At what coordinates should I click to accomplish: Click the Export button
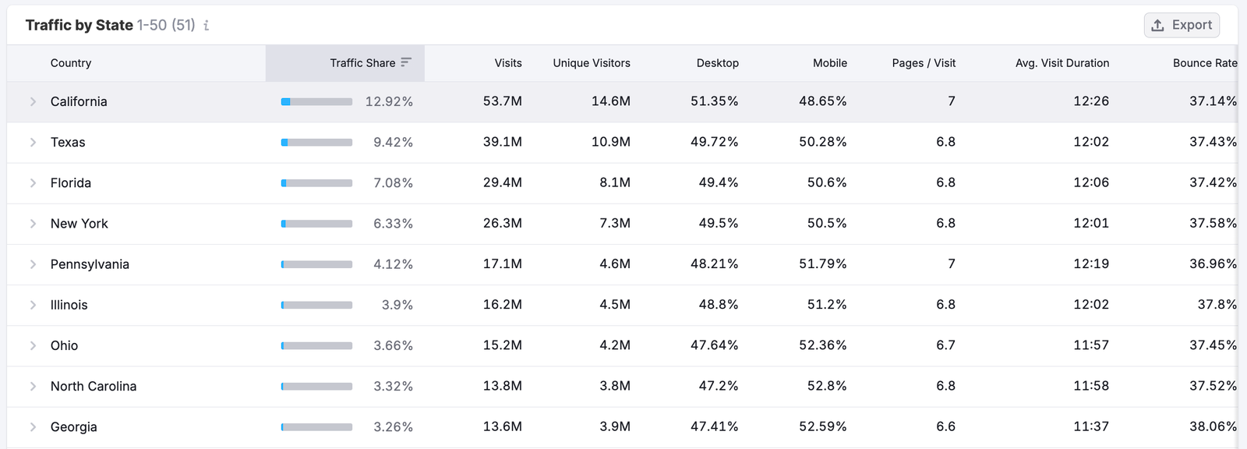click(1182, 25)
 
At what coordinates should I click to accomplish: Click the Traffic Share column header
click(362, 63)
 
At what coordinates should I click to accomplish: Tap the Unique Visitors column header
click(592, 63)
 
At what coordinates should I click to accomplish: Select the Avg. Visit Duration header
click(1062, 63)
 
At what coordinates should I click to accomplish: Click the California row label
click(79, 101)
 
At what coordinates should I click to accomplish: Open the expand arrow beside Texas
click(33, 142)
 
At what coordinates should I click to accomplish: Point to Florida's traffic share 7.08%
click(393, 183)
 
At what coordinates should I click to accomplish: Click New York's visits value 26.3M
click(502, 224)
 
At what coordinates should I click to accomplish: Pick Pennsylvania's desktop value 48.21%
click(714, 264)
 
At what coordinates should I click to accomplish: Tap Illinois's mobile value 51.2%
click(826, 305)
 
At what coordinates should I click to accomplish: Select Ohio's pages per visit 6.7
click(945, 345)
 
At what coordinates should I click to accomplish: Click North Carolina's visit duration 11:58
click(1090, 386)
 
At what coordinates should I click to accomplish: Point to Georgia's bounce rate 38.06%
click(1213, 426)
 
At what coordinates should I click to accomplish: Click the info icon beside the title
click(206, 26)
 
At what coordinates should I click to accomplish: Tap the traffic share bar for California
click(316, 101)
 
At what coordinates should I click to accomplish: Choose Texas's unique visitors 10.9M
click(610, 142)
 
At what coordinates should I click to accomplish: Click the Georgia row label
click(73, 426)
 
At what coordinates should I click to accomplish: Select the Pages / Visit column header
click(924, 63)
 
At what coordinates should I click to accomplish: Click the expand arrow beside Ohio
click(33, 345)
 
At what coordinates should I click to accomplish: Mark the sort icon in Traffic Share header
click(406, 62)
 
